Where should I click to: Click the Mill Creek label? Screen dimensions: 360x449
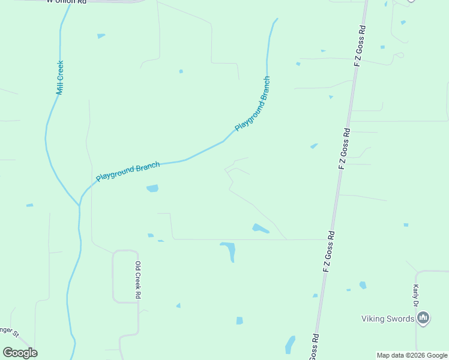60,77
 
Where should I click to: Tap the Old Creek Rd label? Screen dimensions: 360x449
137,280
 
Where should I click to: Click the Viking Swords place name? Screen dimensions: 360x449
388,319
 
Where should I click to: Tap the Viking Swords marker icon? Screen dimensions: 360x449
423,318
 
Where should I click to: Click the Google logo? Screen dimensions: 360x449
20,353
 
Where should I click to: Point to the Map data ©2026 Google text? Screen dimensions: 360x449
412,355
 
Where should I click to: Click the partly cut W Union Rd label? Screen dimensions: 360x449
67,2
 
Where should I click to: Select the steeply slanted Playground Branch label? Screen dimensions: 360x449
253,104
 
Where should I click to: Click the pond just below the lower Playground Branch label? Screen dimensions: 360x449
152,188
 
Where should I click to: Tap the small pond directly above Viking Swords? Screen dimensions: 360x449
363,285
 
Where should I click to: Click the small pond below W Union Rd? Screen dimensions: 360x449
101,36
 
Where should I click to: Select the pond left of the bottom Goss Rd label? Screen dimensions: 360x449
291,344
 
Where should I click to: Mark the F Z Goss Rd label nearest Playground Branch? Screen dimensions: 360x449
344,148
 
